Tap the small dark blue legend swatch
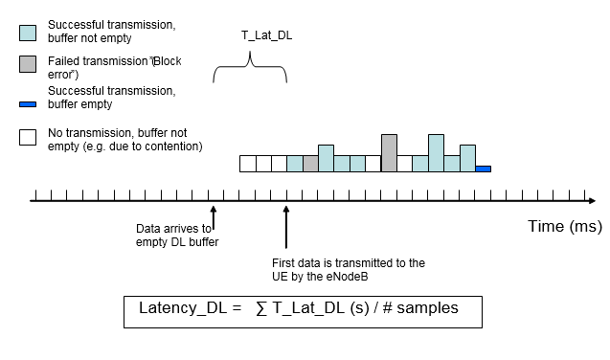coord(28,101)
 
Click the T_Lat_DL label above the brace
coord(267,35)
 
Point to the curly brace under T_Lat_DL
coord(250,69)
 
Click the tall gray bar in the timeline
coord(389,153)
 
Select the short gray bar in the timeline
coord(310,164)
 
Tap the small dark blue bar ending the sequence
coord(483,169)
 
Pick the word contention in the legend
coord(174,146)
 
